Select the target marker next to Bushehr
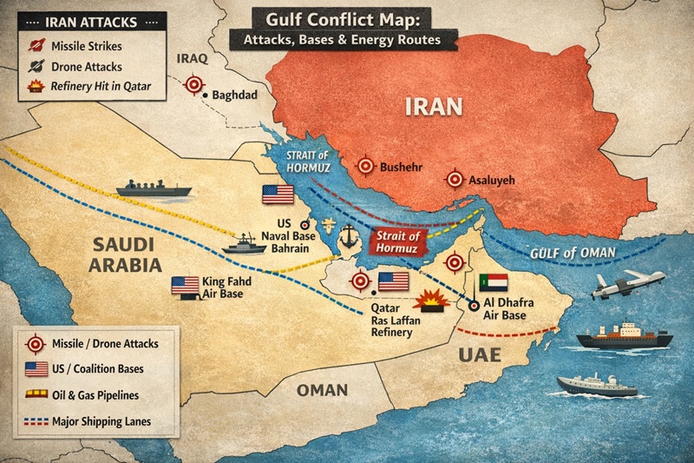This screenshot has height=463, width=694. pos(366,165)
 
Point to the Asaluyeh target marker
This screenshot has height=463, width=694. pos(454,179)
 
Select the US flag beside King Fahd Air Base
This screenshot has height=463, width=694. pos(185,285)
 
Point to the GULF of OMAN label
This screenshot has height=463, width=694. pos(573,254)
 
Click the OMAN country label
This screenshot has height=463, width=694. pos(322,390)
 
